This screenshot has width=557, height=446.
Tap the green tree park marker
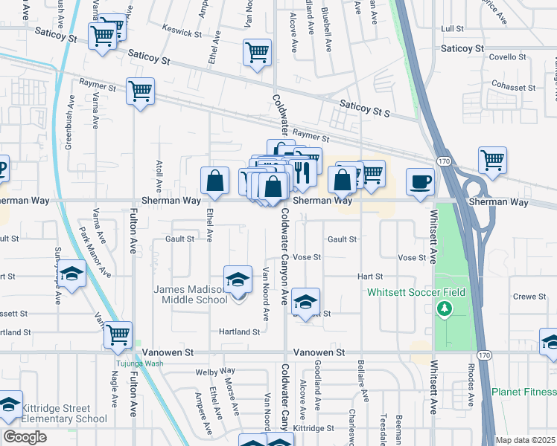[445, 308]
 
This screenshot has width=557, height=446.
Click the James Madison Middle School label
[190, 294]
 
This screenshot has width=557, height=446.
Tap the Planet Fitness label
[523, 392]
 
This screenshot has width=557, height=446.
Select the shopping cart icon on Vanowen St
[118, 334]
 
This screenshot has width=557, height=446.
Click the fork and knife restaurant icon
[302, 172]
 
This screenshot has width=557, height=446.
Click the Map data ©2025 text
[526, 440]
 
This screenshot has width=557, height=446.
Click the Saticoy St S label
[364, 109]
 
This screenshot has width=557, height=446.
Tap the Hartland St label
[238, 332]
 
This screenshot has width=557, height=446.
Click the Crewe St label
[530, 296]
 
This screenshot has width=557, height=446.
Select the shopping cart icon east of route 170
[493, 159]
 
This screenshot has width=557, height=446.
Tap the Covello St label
[507, 56]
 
